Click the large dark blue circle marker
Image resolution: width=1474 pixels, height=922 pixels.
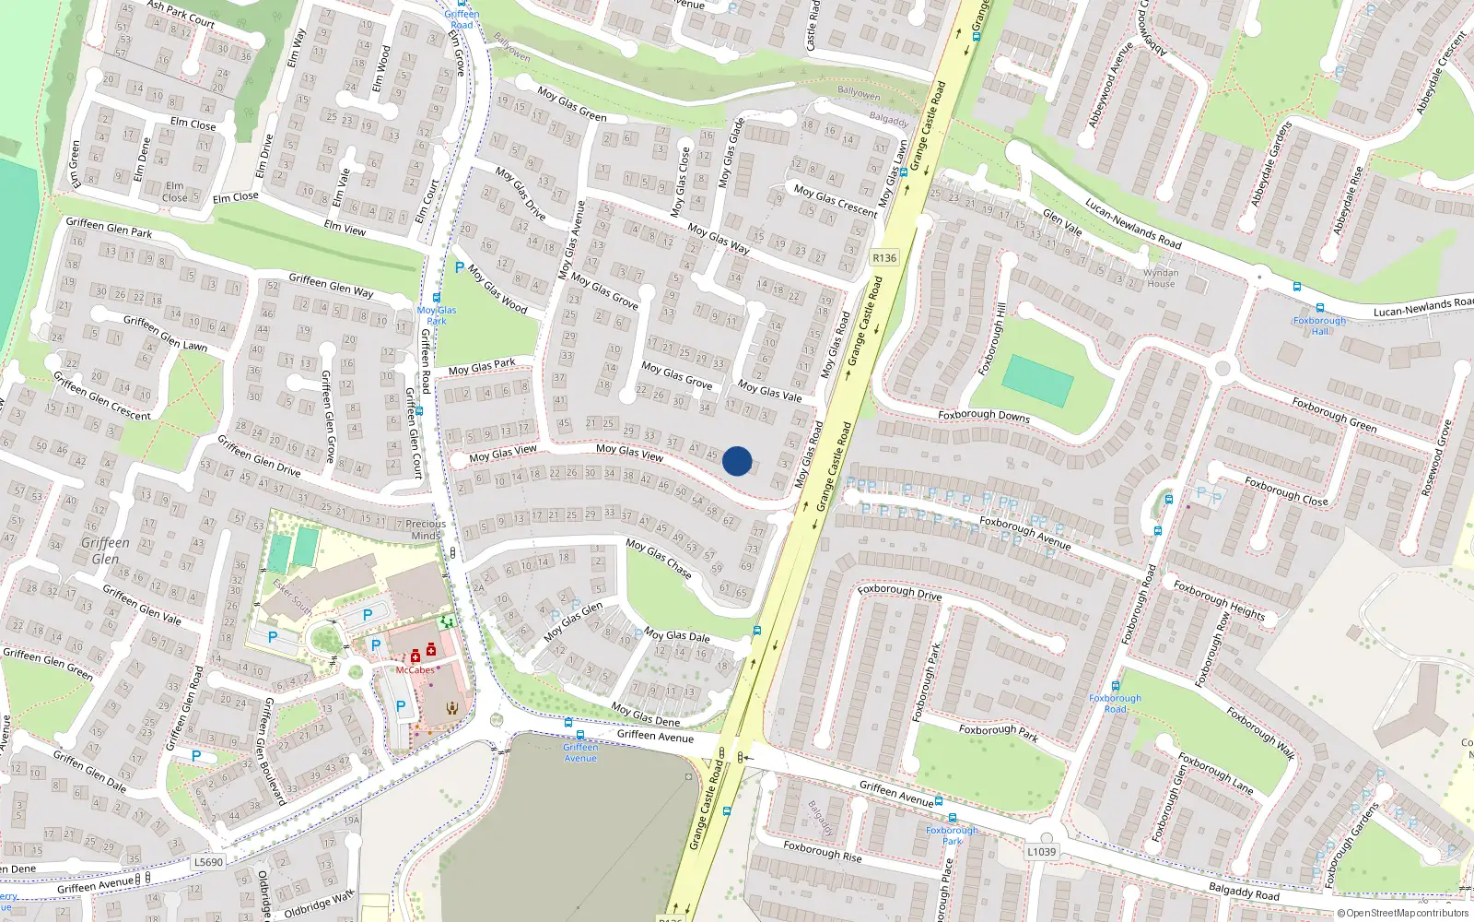pos(737,461)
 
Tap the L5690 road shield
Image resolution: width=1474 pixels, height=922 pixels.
pos(208,862)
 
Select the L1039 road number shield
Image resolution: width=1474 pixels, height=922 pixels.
pos(1041,851)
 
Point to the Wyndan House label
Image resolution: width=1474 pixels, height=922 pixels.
pos(1161,278)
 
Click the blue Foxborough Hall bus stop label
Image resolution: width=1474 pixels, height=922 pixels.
pos(1319,325)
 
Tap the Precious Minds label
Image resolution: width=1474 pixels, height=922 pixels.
pos(426,529)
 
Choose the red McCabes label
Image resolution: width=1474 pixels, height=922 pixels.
pos(415,670)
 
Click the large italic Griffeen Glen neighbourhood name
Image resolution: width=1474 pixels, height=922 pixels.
pos(105,550)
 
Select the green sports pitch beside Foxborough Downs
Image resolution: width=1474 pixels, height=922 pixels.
pos(1037,380)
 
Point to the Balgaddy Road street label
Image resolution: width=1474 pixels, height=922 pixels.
pos(1244,892)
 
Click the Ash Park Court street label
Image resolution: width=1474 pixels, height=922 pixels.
pos(181,14)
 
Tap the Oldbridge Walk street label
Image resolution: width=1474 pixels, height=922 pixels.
pos(319,904)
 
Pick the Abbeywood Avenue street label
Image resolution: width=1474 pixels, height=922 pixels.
pos(1110,85)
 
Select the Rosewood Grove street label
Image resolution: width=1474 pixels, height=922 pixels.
pos(1436,458)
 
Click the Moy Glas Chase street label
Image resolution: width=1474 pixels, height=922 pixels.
pos(659,559)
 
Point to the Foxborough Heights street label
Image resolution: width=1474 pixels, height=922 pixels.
pos(1219,600)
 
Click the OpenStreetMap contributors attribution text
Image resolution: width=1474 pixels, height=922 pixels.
pos(1403,913)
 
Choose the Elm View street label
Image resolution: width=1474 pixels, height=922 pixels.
pos(345,227)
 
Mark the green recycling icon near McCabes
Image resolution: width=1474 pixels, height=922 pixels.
pos(447,622)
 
